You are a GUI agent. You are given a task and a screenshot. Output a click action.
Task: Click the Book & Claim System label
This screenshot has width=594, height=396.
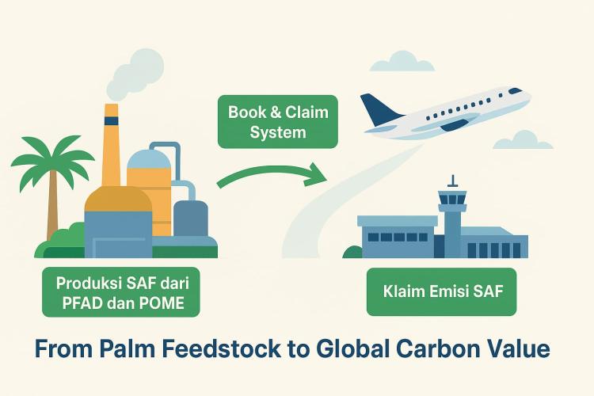(278, 122)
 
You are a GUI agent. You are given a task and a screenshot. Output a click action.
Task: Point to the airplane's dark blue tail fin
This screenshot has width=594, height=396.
(378, 110)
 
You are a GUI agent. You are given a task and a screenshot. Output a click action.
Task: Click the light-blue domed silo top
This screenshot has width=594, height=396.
(148, 158)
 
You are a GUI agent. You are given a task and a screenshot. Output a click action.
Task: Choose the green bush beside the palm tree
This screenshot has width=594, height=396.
(68, 237)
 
